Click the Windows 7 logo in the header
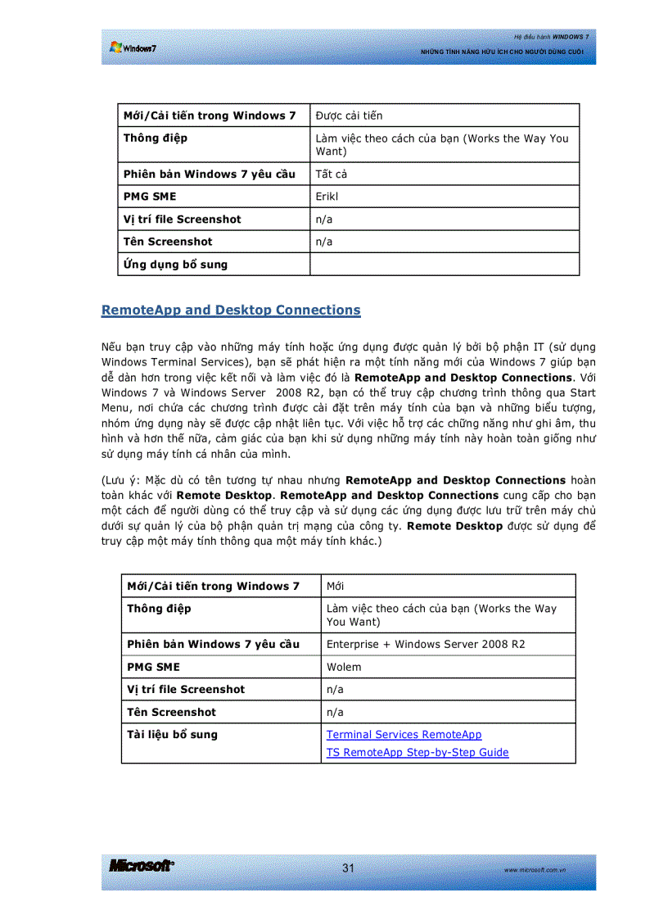click(133, 48)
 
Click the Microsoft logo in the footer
click(141, 867)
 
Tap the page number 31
click(349, 868)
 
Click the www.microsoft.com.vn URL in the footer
click(536, 869)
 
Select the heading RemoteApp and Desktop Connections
click(231, 310)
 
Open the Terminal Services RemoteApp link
click(404, 735)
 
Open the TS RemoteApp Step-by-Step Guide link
click(417, 752)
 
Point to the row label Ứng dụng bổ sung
click(175, 265)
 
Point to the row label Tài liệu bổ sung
click(172, 735)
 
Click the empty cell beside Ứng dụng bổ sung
click(444, 265)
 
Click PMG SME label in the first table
click(149, 197)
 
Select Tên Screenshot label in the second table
click(171, 712)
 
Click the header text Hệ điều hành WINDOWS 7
click(551, 37)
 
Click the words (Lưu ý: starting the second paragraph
click(121, 481)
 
